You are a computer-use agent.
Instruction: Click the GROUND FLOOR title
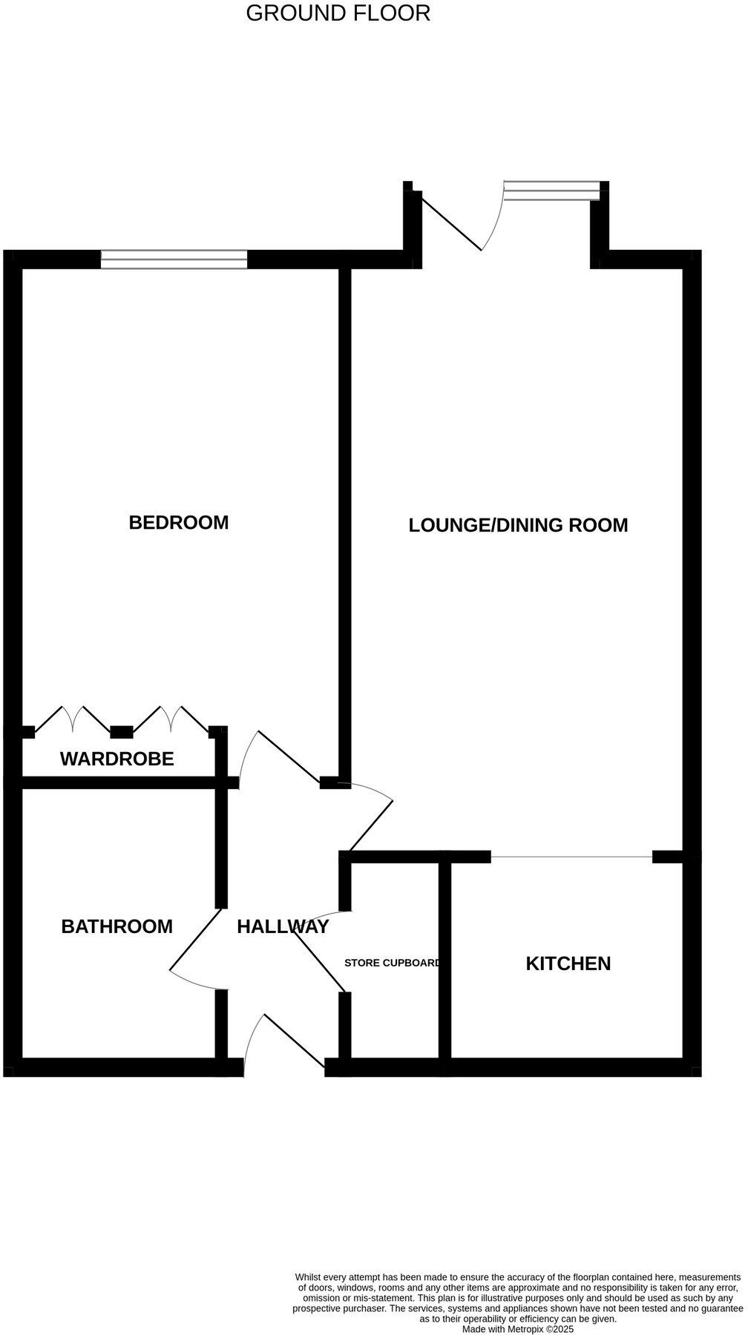click(x=338, y=13)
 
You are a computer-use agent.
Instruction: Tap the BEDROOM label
click(x=178, y=523)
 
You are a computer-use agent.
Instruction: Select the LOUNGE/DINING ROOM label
click(x=518, y=526)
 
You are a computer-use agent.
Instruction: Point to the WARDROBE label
click(x=117, y=759)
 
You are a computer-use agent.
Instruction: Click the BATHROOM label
click(x=117, y=927)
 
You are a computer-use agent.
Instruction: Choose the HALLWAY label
click(x=283, y=927)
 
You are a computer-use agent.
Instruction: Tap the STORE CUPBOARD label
click(x=393, y=963)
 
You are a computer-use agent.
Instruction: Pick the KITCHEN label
click(x=568, y=964)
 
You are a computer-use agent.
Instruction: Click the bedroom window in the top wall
click(x=174, y=259)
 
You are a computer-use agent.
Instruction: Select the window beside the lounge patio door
click(x=551, y=190)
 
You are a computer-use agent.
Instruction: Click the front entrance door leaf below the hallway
click(x=294, y=1041)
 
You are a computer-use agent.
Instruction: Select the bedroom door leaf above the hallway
click(x=289, y=756)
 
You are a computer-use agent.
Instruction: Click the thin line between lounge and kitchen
click(x=571, y=857)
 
